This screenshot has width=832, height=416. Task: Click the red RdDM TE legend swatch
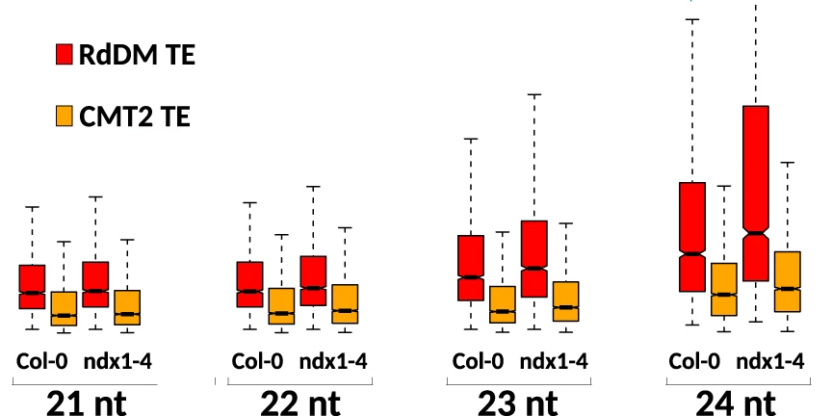pyautogui.click(x=65, y=56)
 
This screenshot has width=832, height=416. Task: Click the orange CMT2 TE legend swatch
pyautogui.click(x=65, y=117)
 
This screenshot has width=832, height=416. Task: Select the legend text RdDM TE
pyautogui.click(x=138, y=56)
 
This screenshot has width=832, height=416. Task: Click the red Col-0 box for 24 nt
pyautogui.click(x=692, y=236)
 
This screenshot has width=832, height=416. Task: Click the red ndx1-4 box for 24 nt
pyautogui.click(x=756, y=193)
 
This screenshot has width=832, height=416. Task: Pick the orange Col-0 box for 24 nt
pyautogui.click(x=724, y=289)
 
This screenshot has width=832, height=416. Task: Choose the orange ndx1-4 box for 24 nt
pyautogui.click(x=788, y=281)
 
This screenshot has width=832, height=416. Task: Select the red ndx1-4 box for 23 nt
pyautogui.click(x=534, y=259)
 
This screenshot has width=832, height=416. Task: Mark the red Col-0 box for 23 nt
pyautogui.click(x=471, y=268)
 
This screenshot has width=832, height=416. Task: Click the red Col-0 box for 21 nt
pyautogui.click(x=33, y=286)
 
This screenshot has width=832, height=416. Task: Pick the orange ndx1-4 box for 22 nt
pyautogui.click(x=346, y=303)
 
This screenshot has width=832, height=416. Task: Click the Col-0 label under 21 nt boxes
pyautogui.click(x=41, y=362)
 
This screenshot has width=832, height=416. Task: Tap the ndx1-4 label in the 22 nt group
pyautogui.click(x=333, y=362)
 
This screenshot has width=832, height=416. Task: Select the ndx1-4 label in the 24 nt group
pyautogui.click(x=770, y=362)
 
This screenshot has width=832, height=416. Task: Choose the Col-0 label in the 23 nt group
pyautogui.click(x=478, y=362)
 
